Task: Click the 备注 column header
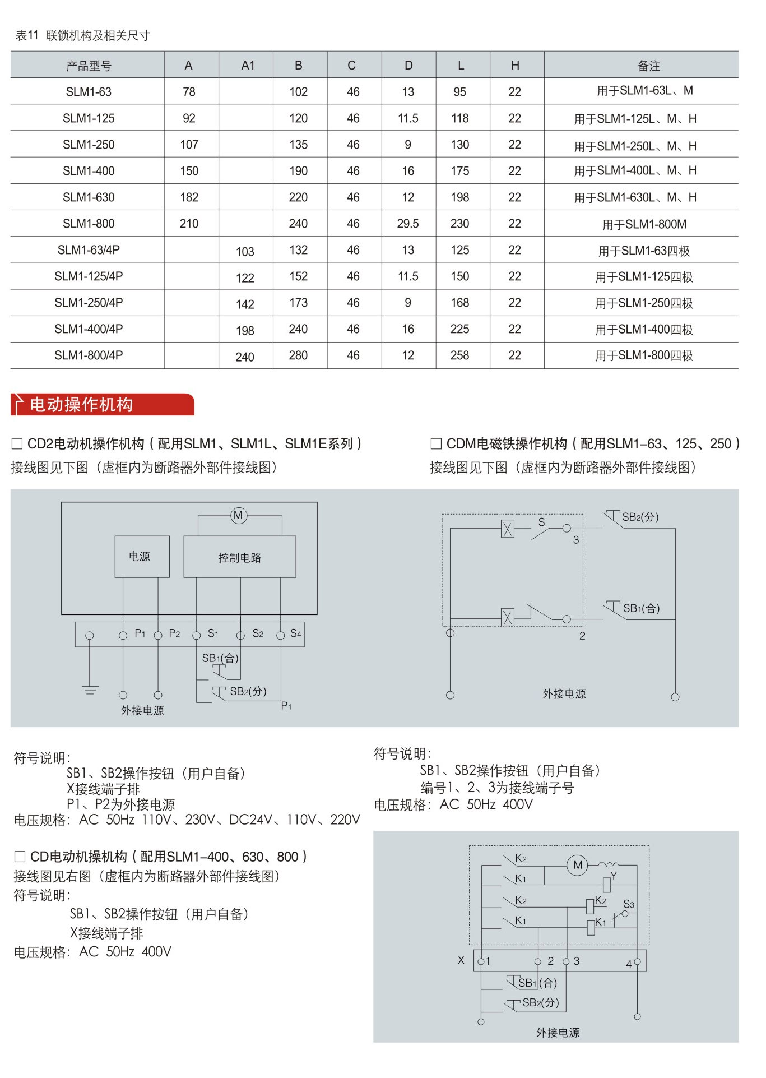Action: coord(648,66)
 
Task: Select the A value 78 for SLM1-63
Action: coord(189,92)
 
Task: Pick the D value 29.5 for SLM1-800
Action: coord(408,224)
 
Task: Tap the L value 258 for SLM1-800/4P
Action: coord(459,355)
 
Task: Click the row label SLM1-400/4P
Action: coord(89,329)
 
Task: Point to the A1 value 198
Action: coord(245,331)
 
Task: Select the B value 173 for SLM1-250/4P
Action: coord(298,303)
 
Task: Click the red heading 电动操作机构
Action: coord(81,405)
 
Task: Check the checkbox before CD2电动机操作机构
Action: coord(17,444)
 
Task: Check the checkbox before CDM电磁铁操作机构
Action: coord(436,444)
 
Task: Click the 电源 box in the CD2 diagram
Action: coord(140,556)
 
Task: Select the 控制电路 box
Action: coord(240,557)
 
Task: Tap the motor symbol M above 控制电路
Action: coord(238,515)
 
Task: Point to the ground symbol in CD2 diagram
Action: coord(90,690)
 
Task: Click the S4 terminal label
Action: coord(296,633)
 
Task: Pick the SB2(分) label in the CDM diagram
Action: coord(640,517)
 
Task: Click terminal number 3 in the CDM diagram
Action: coord(576,540)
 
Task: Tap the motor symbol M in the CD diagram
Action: coord(578,865)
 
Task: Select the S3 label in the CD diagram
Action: coord(629,904)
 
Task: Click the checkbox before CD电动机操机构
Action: coord(20,857)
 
